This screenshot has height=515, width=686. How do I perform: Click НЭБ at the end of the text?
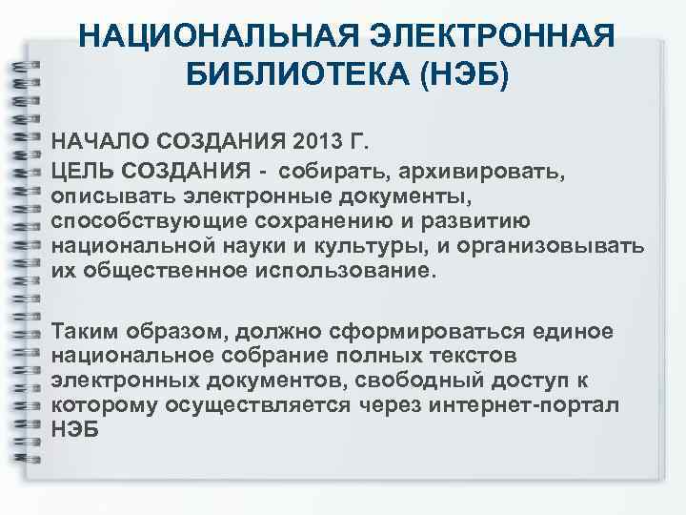(72, 430)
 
